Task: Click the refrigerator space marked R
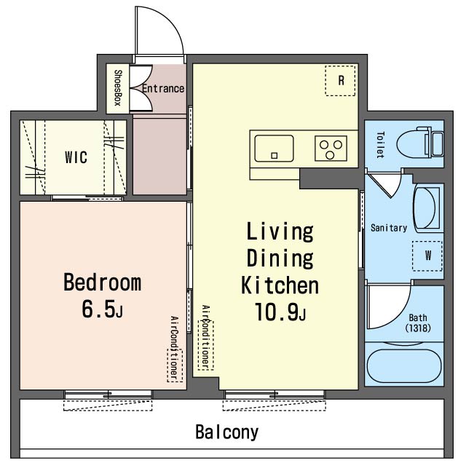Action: click(340, 81)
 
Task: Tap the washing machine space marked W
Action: click(427, 256)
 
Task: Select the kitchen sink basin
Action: click(274, 149)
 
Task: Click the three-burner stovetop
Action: click(331, 149)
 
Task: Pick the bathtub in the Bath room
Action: click(404, 366)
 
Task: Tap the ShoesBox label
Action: click(118, 88)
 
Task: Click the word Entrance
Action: click(163, 89)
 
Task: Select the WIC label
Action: click(76, 157)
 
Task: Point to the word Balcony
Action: click(227, 433)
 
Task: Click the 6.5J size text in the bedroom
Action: click(102, 309)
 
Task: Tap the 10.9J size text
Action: click(280, 312)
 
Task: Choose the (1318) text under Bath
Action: click(418, 328)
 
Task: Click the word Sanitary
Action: click(389, 228)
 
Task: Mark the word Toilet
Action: click(380, 145)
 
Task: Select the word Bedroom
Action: click(102, 282)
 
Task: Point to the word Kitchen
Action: click(280, 285)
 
